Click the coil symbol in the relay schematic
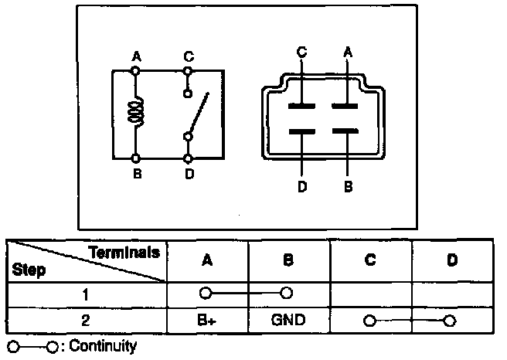click(x=138, y=112)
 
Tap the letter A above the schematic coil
click(x=136, y=56)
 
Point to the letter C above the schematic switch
click(x=189, y=56)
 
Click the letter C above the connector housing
click(x=301, y=51)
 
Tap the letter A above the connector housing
click(x=348, y=51)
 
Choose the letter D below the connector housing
click(x=301, y=186)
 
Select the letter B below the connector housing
click(x=348, y=186)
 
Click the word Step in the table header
click(x=29, y=270)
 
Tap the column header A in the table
click(x=206, y=260)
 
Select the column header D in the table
click(x=452, y=260)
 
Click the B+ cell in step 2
click(x=206, y=318)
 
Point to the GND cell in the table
click(x=288, y=318)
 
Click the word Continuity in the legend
click(x=103, y=346)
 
